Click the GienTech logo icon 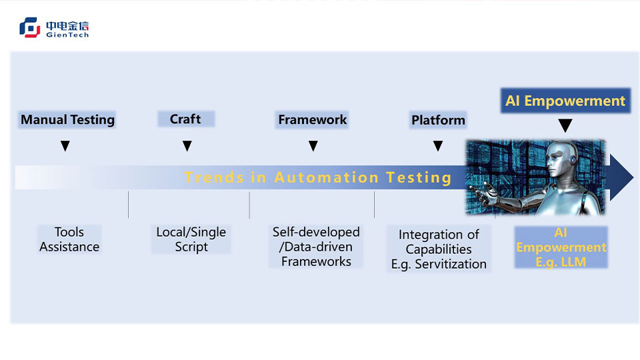(30, 27)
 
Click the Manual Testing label (67, 120)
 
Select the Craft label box (185, 119)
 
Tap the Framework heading (312, 120)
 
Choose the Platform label (438, 121)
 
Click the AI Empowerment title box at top (565, 101)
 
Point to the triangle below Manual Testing (65, 146)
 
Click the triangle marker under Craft (187, 146)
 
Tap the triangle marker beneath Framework (313, 146)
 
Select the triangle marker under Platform (438, 146)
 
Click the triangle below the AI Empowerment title (565, 125)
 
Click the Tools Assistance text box (69, 239)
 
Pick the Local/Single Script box (191, 239)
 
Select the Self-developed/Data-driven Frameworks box (316, 247)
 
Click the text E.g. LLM (561, 262)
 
